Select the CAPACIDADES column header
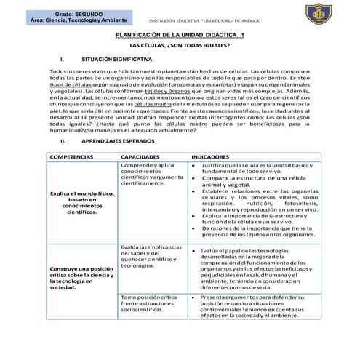tap(145, 156)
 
